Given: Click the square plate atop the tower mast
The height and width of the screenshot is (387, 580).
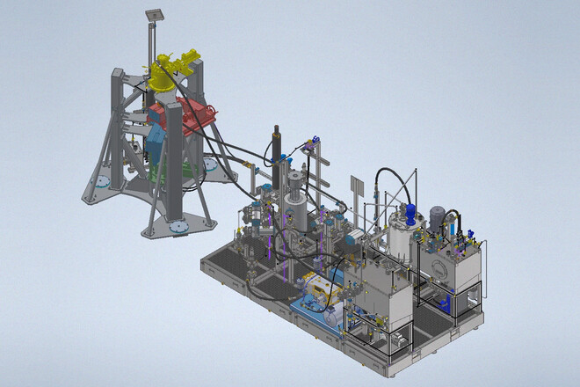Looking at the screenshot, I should click(156, 13).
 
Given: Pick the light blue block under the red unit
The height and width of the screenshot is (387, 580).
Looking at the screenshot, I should click(156, 141).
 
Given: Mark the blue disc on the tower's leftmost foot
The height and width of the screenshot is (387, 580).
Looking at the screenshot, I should click(103, 182).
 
